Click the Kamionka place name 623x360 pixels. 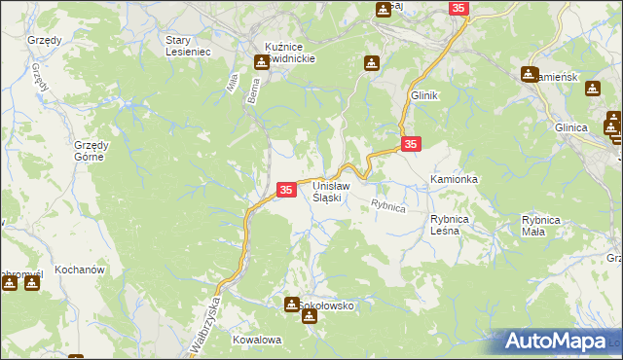(454, 180)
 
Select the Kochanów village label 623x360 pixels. (80, 268)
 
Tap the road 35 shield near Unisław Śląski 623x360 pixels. (286, 190)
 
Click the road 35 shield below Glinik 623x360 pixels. (411, 144)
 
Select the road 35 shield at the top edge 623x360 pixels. (459, 8)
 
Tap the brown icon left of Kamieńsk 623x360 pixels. (530, 74)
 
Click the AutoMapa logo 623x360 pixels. (561, 342)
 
